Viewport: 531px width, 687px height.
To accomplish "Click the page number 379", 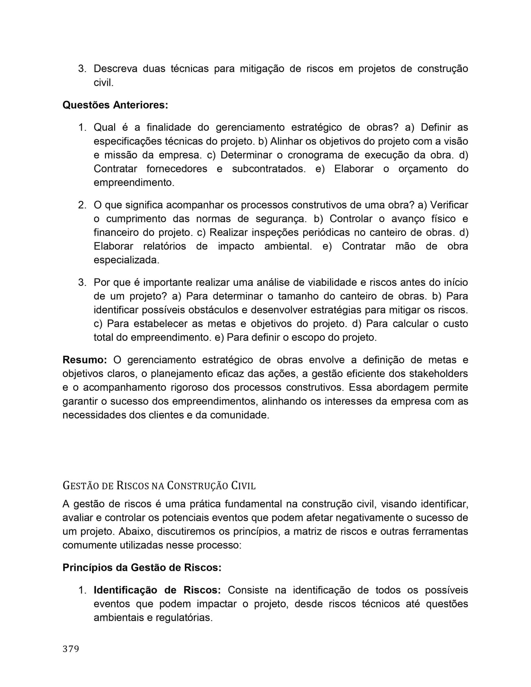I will point(71,649).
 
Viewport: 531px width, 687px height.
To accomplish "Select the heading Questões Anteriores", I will point(115,105).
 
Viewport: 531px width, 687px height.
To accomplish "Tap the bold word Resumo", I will point(85,360).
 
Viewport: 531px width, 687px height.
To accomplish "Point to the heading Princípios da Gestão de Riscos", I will point(142,568).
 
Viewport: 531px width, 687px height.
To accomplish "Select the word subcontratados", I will point(269,169).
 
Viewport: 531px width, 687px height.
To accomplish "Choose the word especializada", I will point(126,260).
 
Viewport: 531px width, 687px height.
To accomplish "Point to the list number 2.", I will point(82,205).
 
